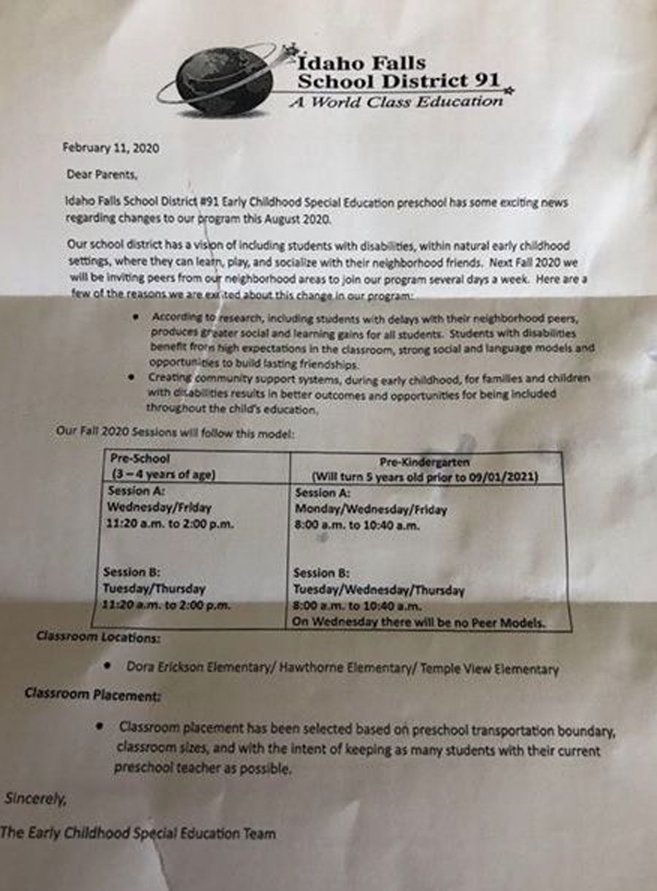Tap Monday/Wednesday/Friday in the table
pos(370,509)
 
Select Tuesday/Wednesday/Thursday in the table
pos(378,590)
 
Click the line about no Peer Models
pos(420,622)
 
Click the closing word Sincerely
pos(35,798)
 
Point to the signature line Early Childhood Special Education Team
pos(139,833)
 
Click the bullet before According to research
pos(138,319)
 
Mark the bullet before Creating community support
pos(131,378)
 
